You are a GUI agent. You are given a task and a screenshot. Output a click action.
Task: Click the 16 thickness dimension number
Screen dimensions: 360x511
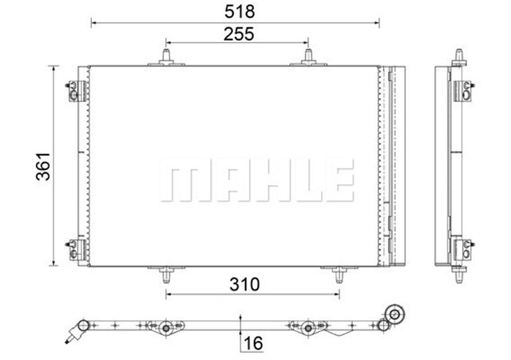(254, 344)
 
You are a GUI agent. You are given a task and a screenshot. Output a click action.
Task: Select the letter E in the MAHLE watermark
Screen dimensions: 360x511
(339, 180)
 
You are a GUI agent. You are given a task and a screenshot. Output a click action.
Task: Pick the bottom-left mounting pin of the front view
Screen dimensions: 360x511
(166, 275)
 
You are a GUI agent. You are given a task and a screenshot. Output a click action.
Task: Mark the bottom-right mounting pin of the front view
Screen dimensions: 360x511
(339, 275)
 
